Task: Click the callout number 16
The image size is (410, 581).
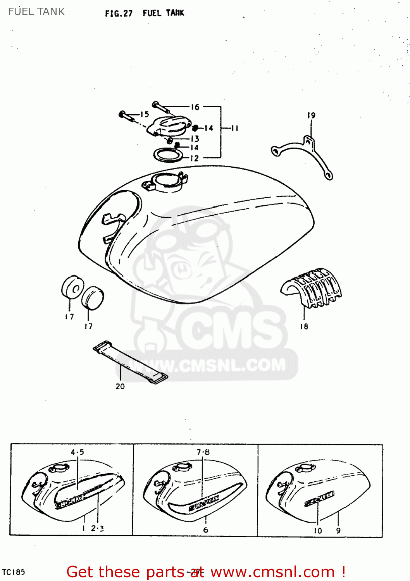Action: click(x=195, y=107)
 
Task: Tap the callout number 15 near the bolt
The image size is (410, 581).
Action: click(x=145, y=114)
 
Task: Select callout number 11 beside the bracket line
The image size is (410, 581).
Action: click(x=234, y=128)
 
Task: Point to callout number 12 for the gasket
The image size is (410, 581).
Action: click(x=194, y=158)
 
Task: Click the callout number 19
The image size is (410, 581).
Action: click(x=311, y=115)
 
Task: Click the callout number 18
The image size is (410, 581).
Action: click(x=304, y=327)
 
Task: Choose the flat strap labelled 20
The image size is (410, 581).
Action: click(x=131, y=363)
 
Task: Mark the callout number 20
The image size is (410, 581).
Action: click(x=120, y=386)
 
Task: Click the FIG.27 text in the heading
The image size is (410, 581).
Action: click(x=119, y=14)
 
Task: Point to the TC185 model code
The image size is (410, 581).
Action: click(x=14, y=572)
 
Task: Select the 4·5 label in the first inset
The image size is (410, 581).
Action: click(x=77, y=452)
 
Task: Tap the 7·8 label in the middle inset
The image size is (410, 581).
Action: click(x=203, y=452)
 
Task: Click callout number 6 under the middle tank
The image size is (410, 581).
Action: click(x=205, y=529)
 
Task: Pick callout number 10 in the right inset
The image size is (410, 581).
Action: click(x=318, y=531)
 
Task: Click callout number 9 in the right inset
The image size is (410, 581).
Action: click(x=338, y=531)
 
